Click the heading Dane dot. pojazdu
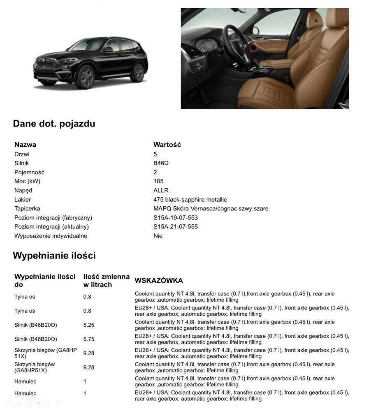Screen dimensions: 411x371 tap(54, 123)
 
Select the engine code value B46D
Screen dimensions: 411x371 tap(161, 163)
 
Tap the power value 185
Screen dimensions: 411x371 tap(158, 181)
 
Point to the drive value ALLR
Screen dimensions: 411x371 tap(161, 190)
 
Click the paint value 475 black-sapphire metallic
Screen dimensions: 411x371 tap(190, 200)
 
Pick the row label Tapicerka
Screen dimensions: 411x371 tap(27, 209)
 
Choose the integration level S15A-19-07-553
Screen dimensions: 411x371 tap(176, 218)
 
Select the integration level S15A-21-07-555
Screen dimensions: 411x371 tap(176, 227)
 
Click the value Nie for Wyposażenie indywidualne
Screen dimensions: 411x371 tap(158, 236)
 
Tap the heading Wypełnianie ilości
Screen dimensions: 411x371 tap(54, 256)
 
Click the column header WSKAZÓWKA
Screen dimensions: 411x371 tap(159, 281)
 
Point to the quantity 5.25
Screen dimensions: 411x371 tap(88, 325)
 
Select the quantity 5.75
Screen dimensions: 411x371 tap(88, 339)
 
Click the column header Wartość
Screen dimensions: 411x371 tap(167, 145)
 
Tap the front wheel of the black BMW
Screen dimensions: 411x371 tap(86, 77)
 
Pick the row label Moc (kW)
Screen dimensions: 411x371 tap(27, 181)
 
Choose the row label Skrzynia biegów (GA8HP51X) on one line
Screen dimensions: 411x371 tap(35, 367)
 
